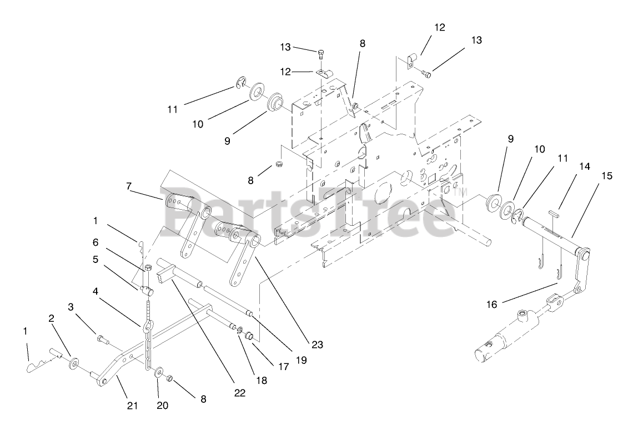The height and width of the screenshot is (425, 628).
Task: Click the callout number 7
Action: point(129,186)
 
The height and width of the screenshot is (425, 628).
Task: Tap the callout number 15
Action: point(606,176)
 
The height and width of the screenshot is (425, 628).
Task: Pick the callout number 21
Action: point(132,406)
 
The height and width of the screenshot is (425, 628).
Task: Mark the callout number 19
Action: point(301,359)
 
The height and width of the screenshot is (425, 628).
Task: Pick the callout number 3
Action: point(71,306)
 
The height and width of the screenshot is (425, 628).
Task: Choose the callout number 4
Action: point(95,290)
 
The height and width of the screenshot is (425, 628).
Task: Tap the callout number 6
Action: point(95,242)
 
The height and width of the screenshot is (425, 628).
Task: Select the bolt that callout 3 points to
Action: point(101,338)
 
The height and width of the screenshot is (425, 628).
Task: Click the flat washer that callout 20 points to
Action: point(159,370)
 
